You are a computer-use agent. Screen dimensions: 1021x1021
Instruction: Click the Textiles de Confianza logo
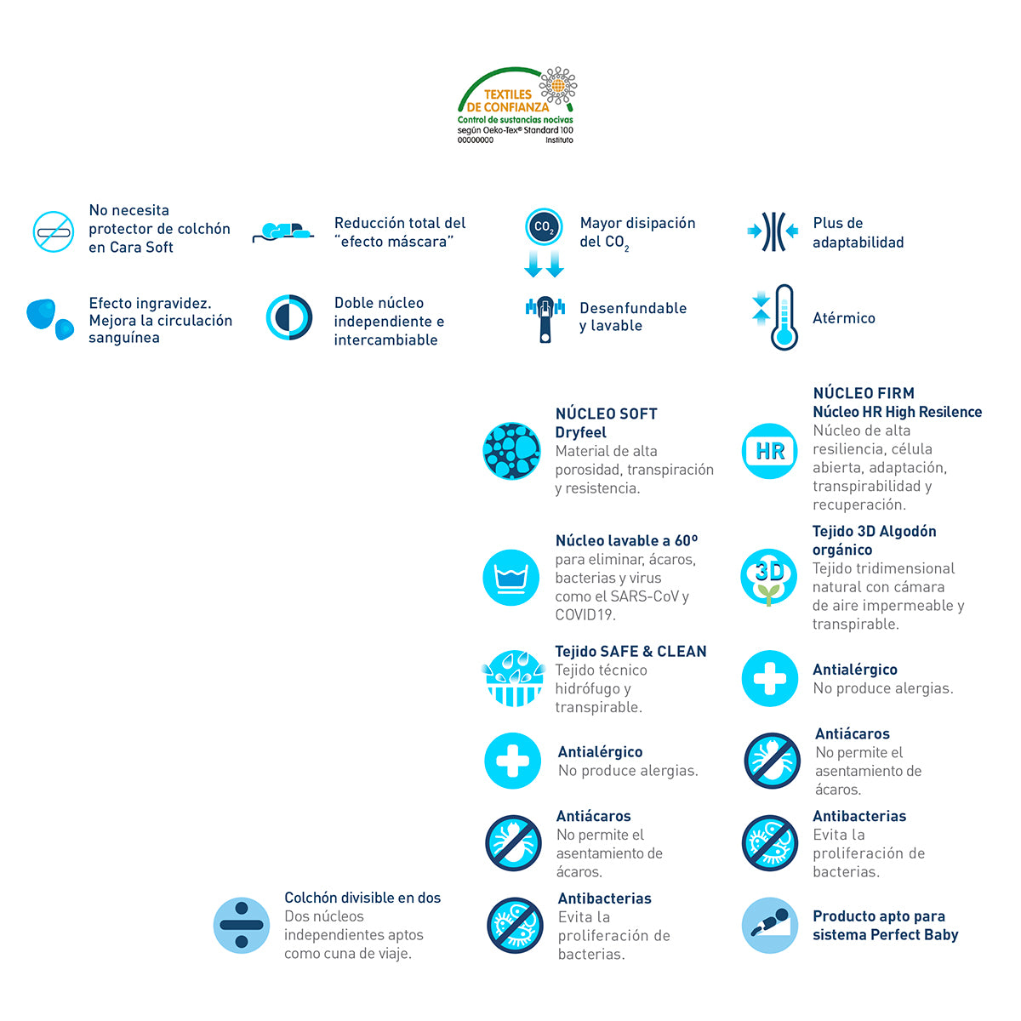(516, 106)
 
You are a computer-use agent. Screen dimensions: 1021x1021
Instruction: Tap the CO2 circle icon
(543, 227)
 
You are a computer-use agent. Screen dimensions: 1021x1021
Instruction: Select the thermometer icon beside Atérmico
(777, 317)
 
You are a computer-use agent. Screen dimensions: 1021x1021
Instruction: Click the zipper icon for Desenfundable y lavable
(545, 319)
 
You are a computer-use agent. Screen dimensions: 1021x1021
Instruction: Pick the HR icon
(769, 451)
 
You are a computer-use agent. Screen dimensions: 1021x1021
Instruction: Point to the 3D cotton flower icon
(768, 577)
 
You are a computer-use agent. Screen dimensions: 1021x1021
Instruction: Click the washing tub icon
(510, 577)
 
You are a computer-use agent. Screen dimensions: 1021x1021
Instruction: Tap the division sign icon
(241, 926)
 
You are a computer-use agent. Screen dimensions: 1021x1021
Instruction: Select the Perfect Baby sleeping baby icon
(769, 925)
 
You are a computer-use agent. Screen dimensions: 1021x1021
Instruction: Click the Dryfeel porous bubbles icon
(511, 451)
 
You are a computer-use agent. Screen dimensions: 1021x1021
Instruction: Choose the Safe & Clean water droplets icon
(513, 678)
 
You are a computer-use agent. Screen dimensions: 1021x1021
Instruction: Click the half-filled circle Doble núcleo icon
(288, 317)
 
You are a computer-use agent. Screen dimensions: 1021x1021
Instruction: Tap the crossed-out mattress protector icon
(53, 231)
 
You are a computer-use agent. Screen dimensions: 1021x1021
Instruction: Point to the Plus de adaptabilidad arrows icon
(773, 231)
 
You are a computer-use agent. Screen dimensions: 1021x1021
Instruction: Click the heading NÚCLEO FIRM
(864, 393)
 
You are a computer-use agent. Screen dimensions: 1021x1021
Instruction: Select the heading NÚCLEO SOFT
(606, 414)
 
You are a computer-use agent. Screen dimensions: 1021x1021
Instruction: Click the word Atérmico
(843, 318)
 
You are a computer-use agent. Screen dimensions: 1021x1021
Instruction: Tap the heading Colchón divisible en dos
(362, 898)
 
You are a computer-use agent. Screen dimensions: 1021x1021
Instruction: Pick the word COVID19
(585, 614)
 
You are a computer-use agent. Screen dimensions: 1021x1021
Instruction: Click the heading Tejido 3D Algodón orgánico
(875, 540)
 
